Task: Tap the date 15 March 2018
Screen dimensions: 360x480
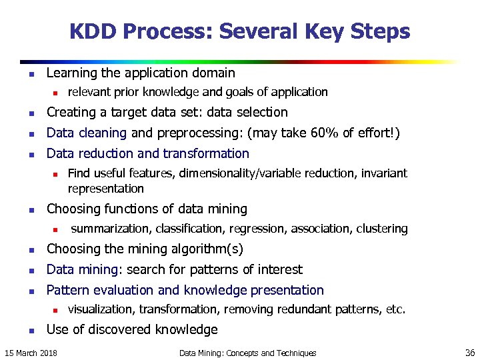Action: tap(31, 353)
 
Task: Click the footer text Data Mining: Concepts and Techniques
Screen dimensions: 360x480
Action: tap(247, 353)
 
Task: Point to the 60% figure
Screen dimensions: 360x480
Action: tap(325, 133)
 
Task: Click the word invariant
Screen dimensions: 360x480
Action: tap(384, 173)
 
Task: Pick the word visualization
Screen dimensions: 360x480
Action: tap(100, 309)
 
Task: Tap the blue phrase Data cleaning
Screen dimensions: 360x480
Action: tap(86, 133)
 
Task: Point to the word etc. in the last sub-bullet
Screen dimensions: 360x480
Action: tap(395, 309)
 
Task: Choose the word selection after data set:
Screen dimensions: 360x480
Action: tap(263, 112)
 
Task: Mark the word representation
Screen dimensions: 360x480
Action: tap(105, 189)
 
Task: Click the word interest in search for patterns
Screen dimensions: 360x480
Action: tap(279, 269)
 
